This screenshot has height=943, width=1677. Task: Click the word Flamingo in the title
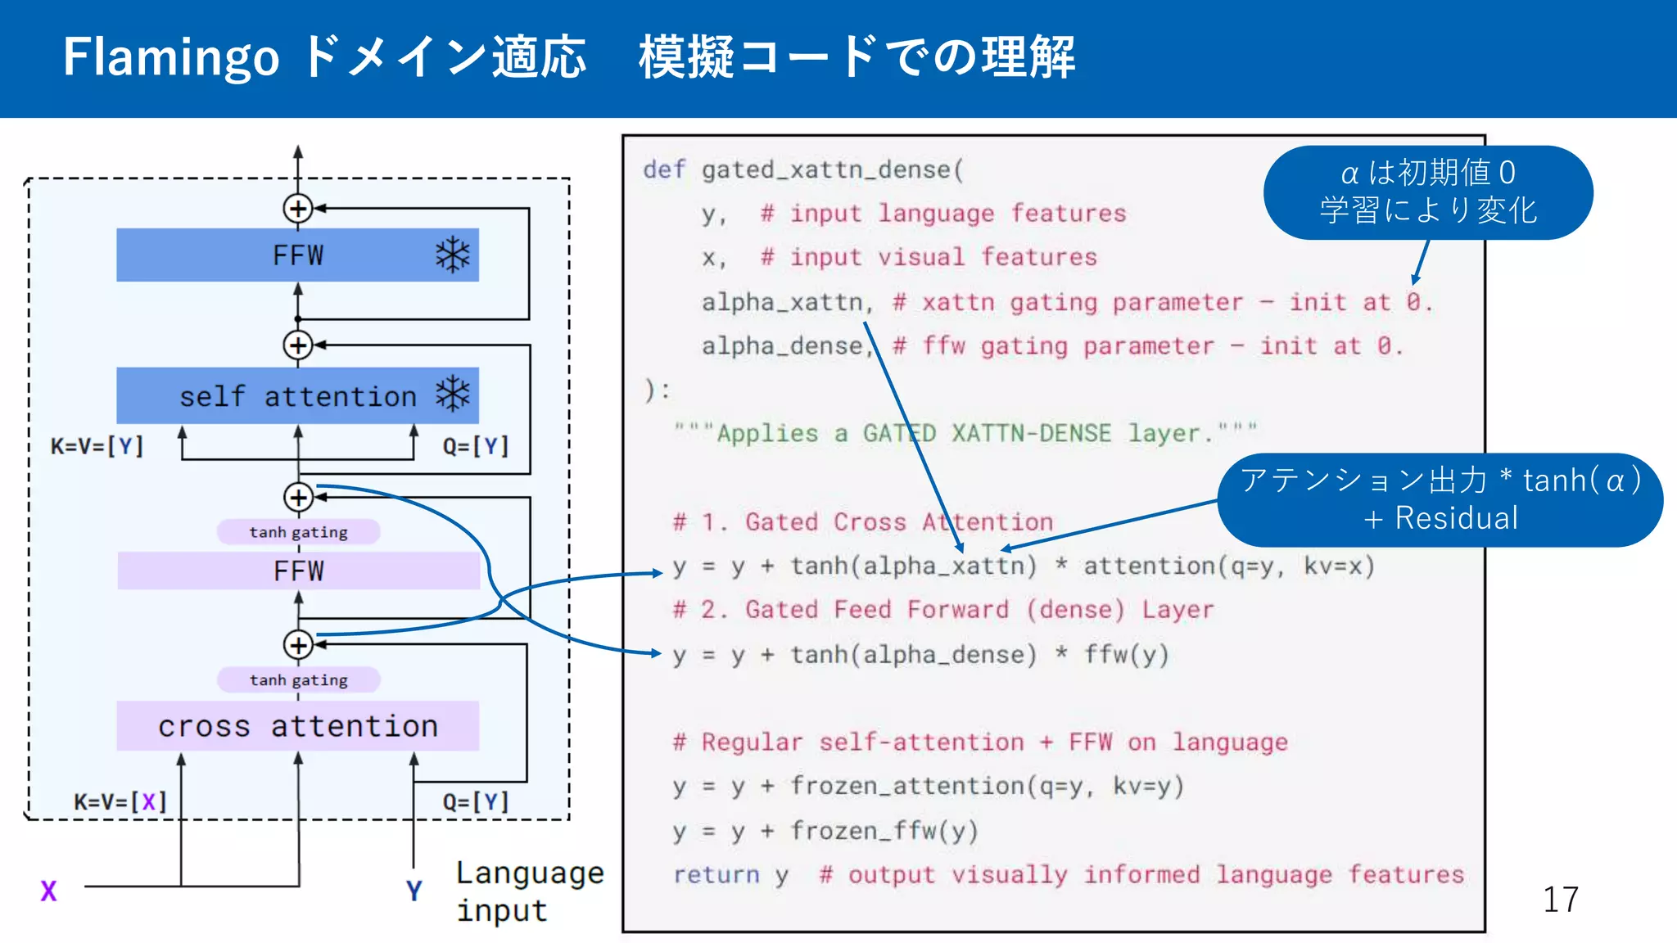[x=171, y=57]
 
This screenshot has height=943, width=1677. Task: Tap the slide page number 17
[x=1560, y=900]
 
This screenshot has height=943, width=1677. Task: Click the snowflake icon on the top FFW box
[x=453, y=255]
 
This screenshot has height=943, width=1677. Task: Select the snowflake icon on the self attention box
[x=453, y=395]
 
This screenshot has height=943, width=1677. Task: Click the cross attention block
[x=298, y=726]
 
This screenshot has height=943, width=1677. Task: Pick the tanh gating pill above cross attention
[x=298, y=680]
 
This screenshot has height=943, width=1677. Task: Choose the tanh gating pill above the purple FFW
[x=298, y=532]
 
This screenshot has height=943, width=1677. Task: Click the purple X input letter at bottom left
[x=49, y=891]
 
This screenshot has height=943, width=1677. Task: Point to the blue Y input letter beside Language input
[x=414, y=891]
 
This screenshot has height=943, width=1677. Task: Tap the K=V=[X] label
[x=120, y=801]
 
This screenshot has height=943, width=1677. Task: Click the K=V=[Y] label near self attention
[x=97, y=446]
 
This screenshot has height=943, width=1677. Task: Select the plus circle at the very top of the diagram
[x=298, y=209]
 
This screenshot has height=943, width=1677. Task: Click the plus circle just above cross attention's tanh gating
[x=298, y=645]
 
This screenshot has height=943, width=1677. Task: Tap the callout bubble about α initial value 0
[x=1427, y=192]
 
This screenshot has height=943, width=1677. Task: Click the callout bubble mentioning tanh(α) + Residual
[x=1440, y=499]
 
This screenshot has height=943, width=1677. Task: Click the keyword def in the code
[x=663, y=169]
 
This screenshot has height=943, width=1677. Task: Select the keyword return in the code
[x=716, y=875]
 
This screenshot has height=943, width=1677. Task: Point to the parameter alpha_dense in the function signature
[x=782, y=346]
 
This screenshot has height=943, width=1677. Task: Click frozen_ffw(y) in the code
[x=884, y=831]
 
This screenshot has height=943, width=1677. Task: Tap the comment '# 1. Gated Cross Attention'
[x=862, y=522]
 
